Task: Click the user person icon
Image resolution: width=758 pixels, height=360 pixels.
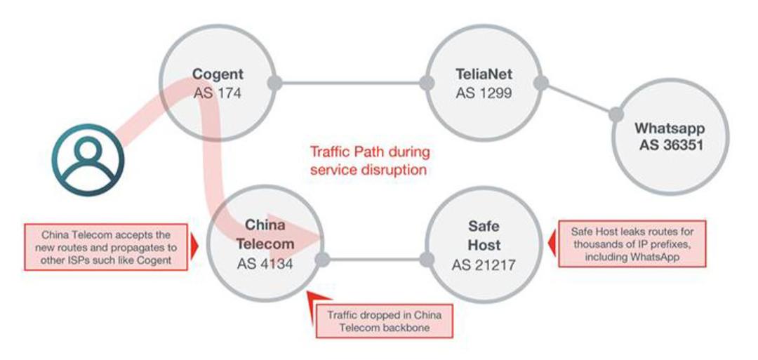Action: click(x=88, y=160)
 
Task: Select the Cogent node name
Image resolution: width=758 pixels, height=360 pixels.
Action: click(x=218, y=74)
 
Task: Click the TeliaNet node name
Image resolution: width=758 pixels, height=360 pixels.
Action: click(x=484, y=74)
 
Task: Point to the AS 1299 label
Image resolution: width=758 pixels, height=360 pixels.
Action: click(x=484, y=93)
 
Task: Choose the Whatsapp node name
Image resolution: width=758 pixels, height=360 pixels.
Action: click(x=670, y=128)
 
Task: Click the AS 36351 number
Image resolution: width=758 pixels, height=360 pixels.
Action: click(x=670, y=145)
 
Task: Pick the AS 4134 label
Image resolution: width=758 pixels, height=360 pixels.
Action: click(x=265, y=265)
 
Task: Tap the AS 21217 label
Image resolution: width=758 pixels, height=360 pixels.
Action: click(x=484, y=265)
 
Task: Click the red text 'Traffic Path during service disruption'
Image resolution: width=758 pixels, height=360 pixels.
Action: click(x=370, y=161)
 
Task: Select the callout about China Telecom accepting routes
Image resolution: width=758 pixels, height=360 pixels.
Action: click(x=106, y=247)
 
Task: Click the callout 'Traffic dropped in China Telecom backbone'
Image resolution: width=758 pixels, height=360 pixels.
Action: click(x=384, y=321)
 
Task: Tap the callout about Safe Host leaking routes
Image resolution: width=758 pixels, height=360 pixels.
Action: click(x=632, y=244)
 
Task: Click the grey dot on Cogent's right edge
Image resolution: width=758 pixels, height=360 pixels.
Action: click(x=274, y=83)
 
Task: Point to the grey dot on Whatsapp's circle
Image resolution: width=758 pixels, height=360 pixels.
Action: click(x=616, y=114)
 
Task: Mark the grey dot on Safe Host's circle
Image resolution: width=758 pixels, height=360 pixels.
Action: click(x=427, y=260)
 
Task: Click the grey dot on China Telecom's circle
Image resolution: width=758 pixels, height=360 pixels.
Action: click(x=322, y=260)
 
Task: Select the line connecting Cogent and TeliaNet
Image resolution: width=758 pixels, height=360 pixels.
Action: click(x=350, y=83)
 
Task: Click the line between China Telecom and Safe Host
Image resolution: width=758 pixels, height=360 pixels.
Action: click(x=375, y=260)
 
